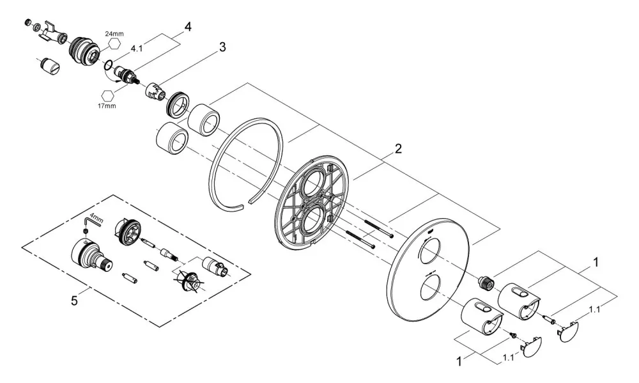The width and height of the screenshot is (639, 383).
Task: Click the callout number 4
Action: pos(187,27)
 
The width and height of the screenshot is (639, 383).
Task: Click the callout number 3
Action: pos(222,47)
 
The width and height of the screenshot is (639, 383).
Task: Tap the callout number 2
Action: pos(398,148)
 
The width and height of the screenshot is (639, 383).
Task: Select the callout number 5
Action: pos(73,301)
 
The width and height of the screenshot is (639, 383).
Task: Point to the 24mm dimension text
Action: pos(114,34)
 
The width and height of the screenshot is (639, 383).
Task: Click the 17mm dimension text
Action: pos(106,106)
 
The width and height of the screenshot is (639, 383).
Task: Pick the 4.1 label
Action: pos(137,49)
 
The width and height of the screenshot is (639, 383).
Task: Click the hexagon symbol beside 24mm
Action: pos(114,43)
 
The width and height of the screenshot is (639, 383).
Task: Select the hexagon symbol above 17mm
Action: pos(107,95)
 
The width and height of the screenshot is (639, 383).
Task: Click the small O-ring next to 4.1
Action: pos(109,65)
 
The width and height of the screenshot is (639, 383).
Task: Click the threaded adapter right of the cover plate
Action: pos(486,282)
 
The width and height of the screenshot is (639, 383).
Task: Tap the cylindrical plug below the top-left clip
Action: pos(50,66)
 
